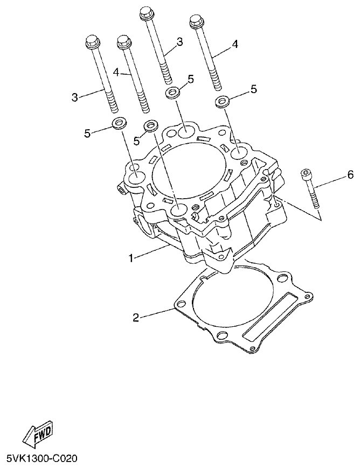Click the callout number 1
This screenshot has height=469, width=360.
tap(130, 258)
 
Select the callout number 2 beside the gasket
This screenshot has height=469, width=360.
tap(136, 318)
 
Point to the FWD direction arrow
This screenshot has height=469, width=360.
tap(38, 433)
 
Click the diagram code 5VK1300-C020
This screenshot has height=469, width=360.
tap(42, 459)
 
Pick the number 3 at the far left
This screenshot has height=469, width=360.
tap(74, 97)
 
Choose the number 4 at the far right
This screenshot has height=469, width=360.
tap(234, 44)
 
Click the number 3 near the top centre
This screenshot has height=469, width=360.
tap(179, 41)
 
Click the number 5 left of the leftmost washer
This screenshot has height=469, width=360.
tap(87, 133)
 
